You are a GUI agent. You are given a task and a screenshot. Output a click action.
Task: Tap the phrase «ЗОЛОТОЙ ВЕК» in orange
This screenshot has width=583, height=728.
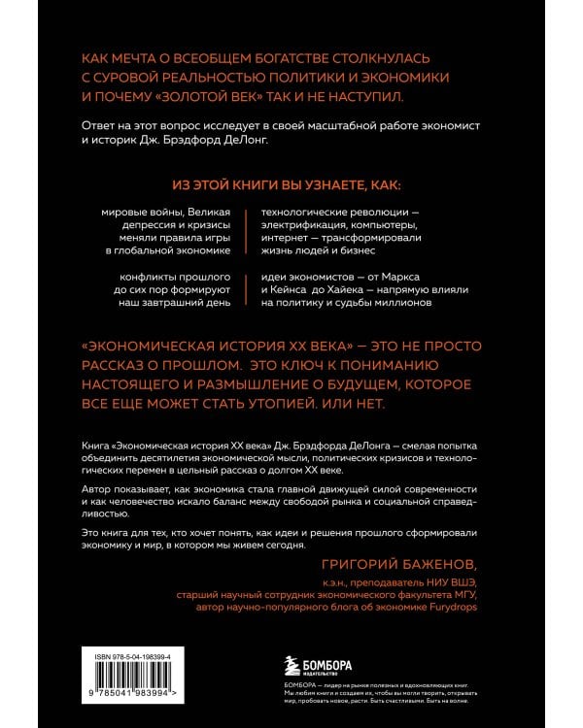(224, 99)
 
